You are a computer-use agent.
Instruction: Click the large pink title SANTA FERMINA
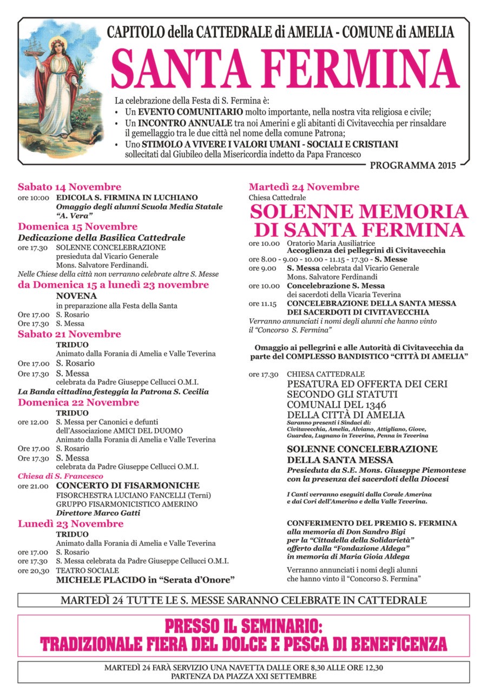click(x=285, y=69)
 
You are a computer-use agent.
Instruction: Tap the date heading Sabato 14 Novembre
click(x=69, y=187)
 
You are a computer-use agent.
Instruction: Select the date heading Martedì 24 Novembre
click(x=304, y=187)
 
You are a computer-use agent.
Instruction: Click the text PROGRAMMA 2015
click(x=413, y=164)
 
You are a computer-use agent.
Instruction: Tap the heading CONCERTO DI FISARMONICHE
click(x=128, y=485)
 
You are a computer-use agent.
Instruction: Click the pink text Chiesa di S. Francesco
click(x=60, y=476)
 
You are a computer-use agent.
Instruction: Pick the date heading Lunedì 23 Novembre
click(x=70, y=524)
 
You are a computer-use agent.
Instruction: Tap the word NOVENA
click(x=76, y=296)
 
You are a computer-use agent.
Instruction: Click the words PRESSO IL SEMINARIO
click(x=243, y=626)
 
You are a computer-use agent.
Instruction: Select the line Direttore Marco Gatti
click(x=98, y=513)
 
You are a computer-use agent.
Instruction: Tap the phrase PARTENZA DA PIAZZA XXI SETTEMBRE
click(x=243, y=676)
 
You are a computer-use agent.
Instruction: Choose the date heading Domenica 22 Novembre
click(x=78, y=402)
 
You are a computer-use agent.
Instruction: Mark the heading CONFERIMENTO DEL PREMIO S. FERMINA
click(x=372, y=523)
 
